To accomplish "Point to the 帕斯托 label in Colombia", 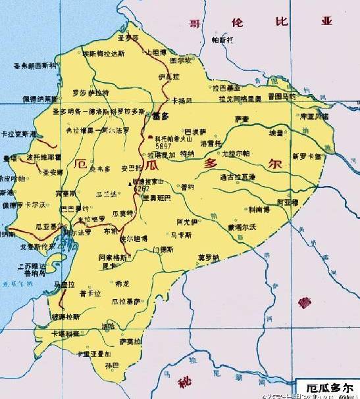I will [222, 40].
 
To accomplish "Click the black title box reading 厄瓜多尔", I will [326, 388].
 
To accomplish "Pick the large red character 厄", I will [82, 163].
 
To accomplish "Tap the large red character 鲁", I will [303, 304].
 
